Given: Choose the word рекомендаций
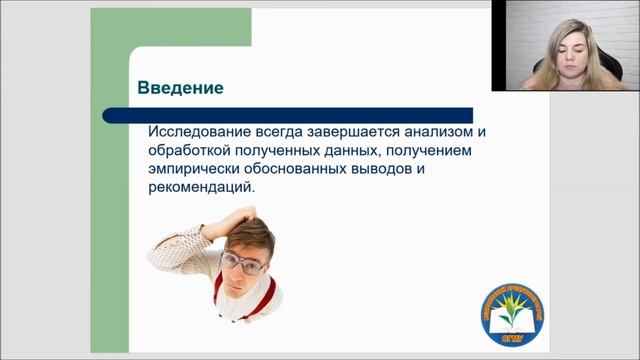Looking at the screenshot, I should (x=202, y=188).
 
